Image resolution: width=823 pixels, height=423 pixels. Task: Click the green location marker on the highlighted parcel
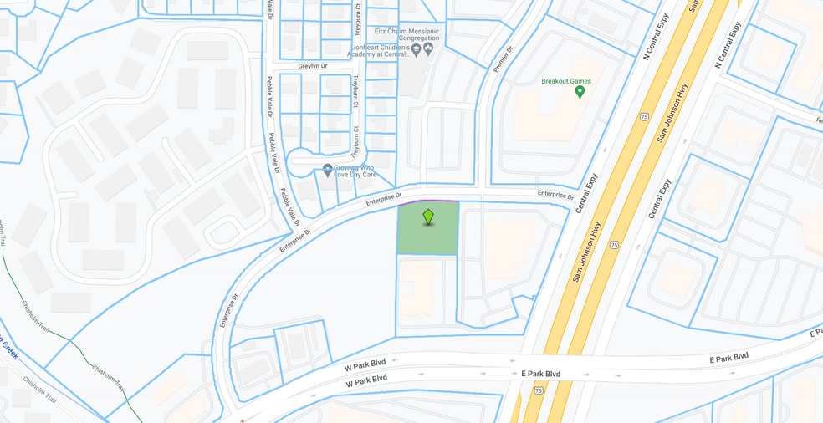click(x=428, y=217)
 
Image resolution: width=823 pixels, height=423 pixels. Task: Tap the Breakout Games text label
click(x=566, y=81)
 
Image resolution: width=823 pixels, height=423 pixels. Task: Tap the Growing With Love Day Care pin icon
click(x=328, y=171)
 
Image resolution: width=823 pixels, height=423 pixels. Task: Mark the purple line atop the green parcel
click(x=427, y=201)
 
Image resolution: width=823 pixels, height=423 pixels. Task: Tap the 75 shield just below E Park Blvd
click(x=538, y=390)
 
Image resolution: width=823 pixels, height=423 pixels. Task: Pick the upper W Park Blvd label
click(x=366, y=366)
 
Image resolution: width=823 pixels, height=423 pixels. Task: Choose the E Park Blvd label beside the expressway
click(x=540, y=373)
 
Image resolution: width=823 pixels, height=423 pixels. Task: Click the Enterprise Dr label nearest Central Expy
click(x=556, y=196)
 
